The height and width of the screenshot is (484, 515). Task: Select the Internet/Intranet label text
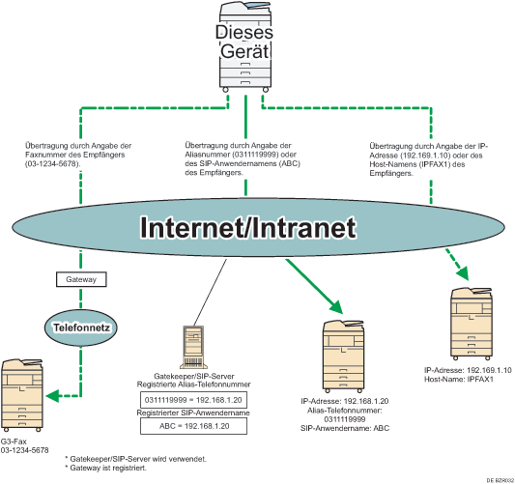pos(246,227)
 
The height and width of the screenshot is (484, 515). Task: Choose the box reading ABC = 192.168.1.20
pos(196,425)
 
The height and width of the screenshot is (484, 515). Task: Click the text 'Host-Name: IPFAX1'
pos(460,380)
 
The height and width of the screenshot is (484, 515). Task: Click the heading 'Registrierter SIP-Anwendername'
pos(196,413)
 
